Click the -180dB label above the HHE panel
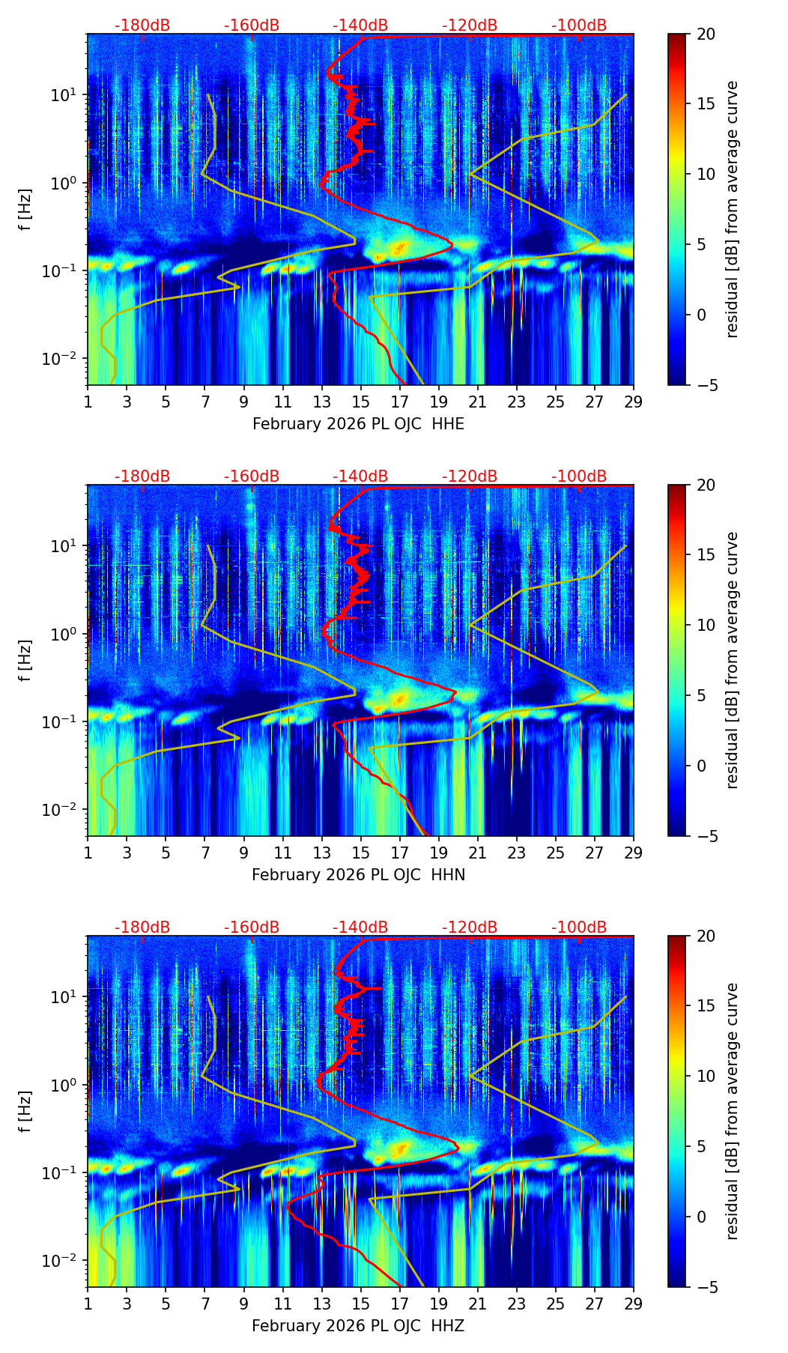point(142,25)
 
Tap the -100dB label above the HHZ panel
point(579,927)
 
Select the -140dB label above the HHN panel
point(360,476)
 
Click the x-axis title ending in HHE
point(358,424)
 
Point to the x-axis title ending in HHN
point(358,875)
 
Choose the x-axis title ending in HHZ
point(358,1326)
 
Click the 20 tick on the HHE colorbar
point(706,34)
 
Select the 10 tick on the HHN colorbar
point(706,625)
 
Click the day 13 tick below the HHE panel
point(322,402)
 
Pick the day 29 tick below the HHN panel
point(634,853)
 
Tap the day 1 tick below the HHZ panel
point(88,1304)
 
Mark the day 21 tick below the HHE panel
point(477,402)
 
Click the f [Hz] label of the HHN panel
point(25,660)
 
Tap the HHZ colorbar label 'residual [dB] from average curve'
point(733,1111)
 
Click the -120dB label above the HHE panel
point(470,25)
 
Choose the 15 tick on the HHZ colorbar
point(706,1006)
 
